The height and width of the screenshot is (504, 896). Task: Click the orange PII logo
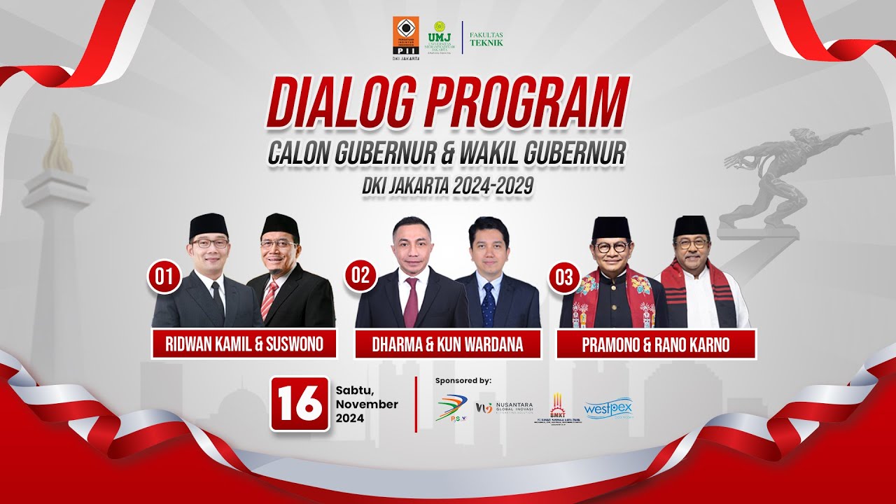(x=407, y=38)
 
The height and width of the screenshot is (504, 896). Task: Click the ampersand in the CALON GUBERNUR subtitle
(x=447, y=154)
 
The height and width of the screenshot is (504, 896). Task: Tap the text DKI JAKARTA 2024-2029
(x=447, y=185)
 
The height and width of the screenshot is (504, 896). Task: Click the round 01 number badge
(x=164, y=278)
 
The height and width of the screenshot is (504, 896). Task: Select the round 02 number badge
(x=360, y=275)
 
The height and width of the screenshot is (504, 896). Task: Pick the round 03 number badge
(x=564, y=278)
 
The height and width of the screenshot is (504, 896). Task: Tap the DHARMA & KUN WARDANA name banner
(x=447, y=344)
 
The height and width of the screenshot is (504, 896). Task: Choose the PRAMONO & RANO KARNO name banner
(x=656, y=344)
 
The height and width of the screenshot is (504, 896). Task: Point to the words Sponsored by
(x=463, y=381)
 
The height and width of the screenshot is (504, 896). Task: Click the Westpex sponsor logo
(x=608, y=409)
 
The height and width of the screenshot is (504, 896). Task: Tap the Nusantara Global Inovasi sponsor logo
(x=505, y=408)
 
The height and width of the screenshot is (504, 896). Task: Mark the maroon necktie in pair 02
(x=412, y=303)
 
